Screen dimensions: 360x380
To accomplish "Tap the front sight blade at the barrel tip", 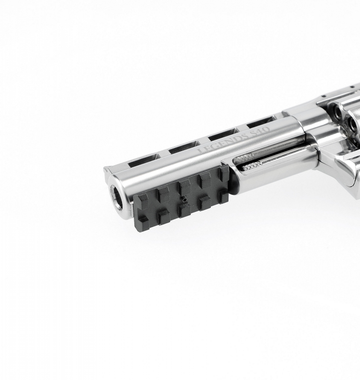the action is point(107,170).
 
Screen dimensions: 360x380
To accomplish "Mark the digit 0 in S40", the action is point(266,130).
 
